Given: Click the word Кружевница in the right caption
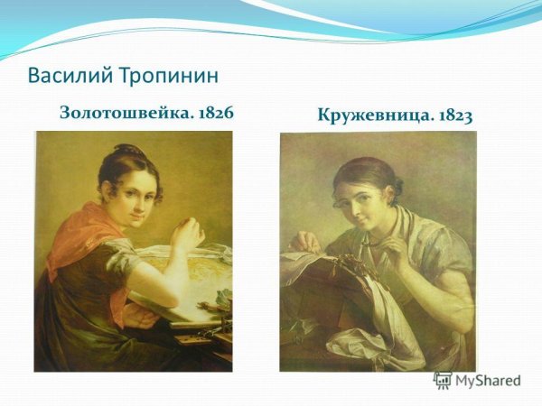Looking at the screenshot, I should [372, 115].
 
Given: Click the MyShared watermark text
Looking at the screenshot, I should [488, 381].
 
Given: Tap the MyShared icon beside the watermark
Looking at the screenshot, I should [443, 380].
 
